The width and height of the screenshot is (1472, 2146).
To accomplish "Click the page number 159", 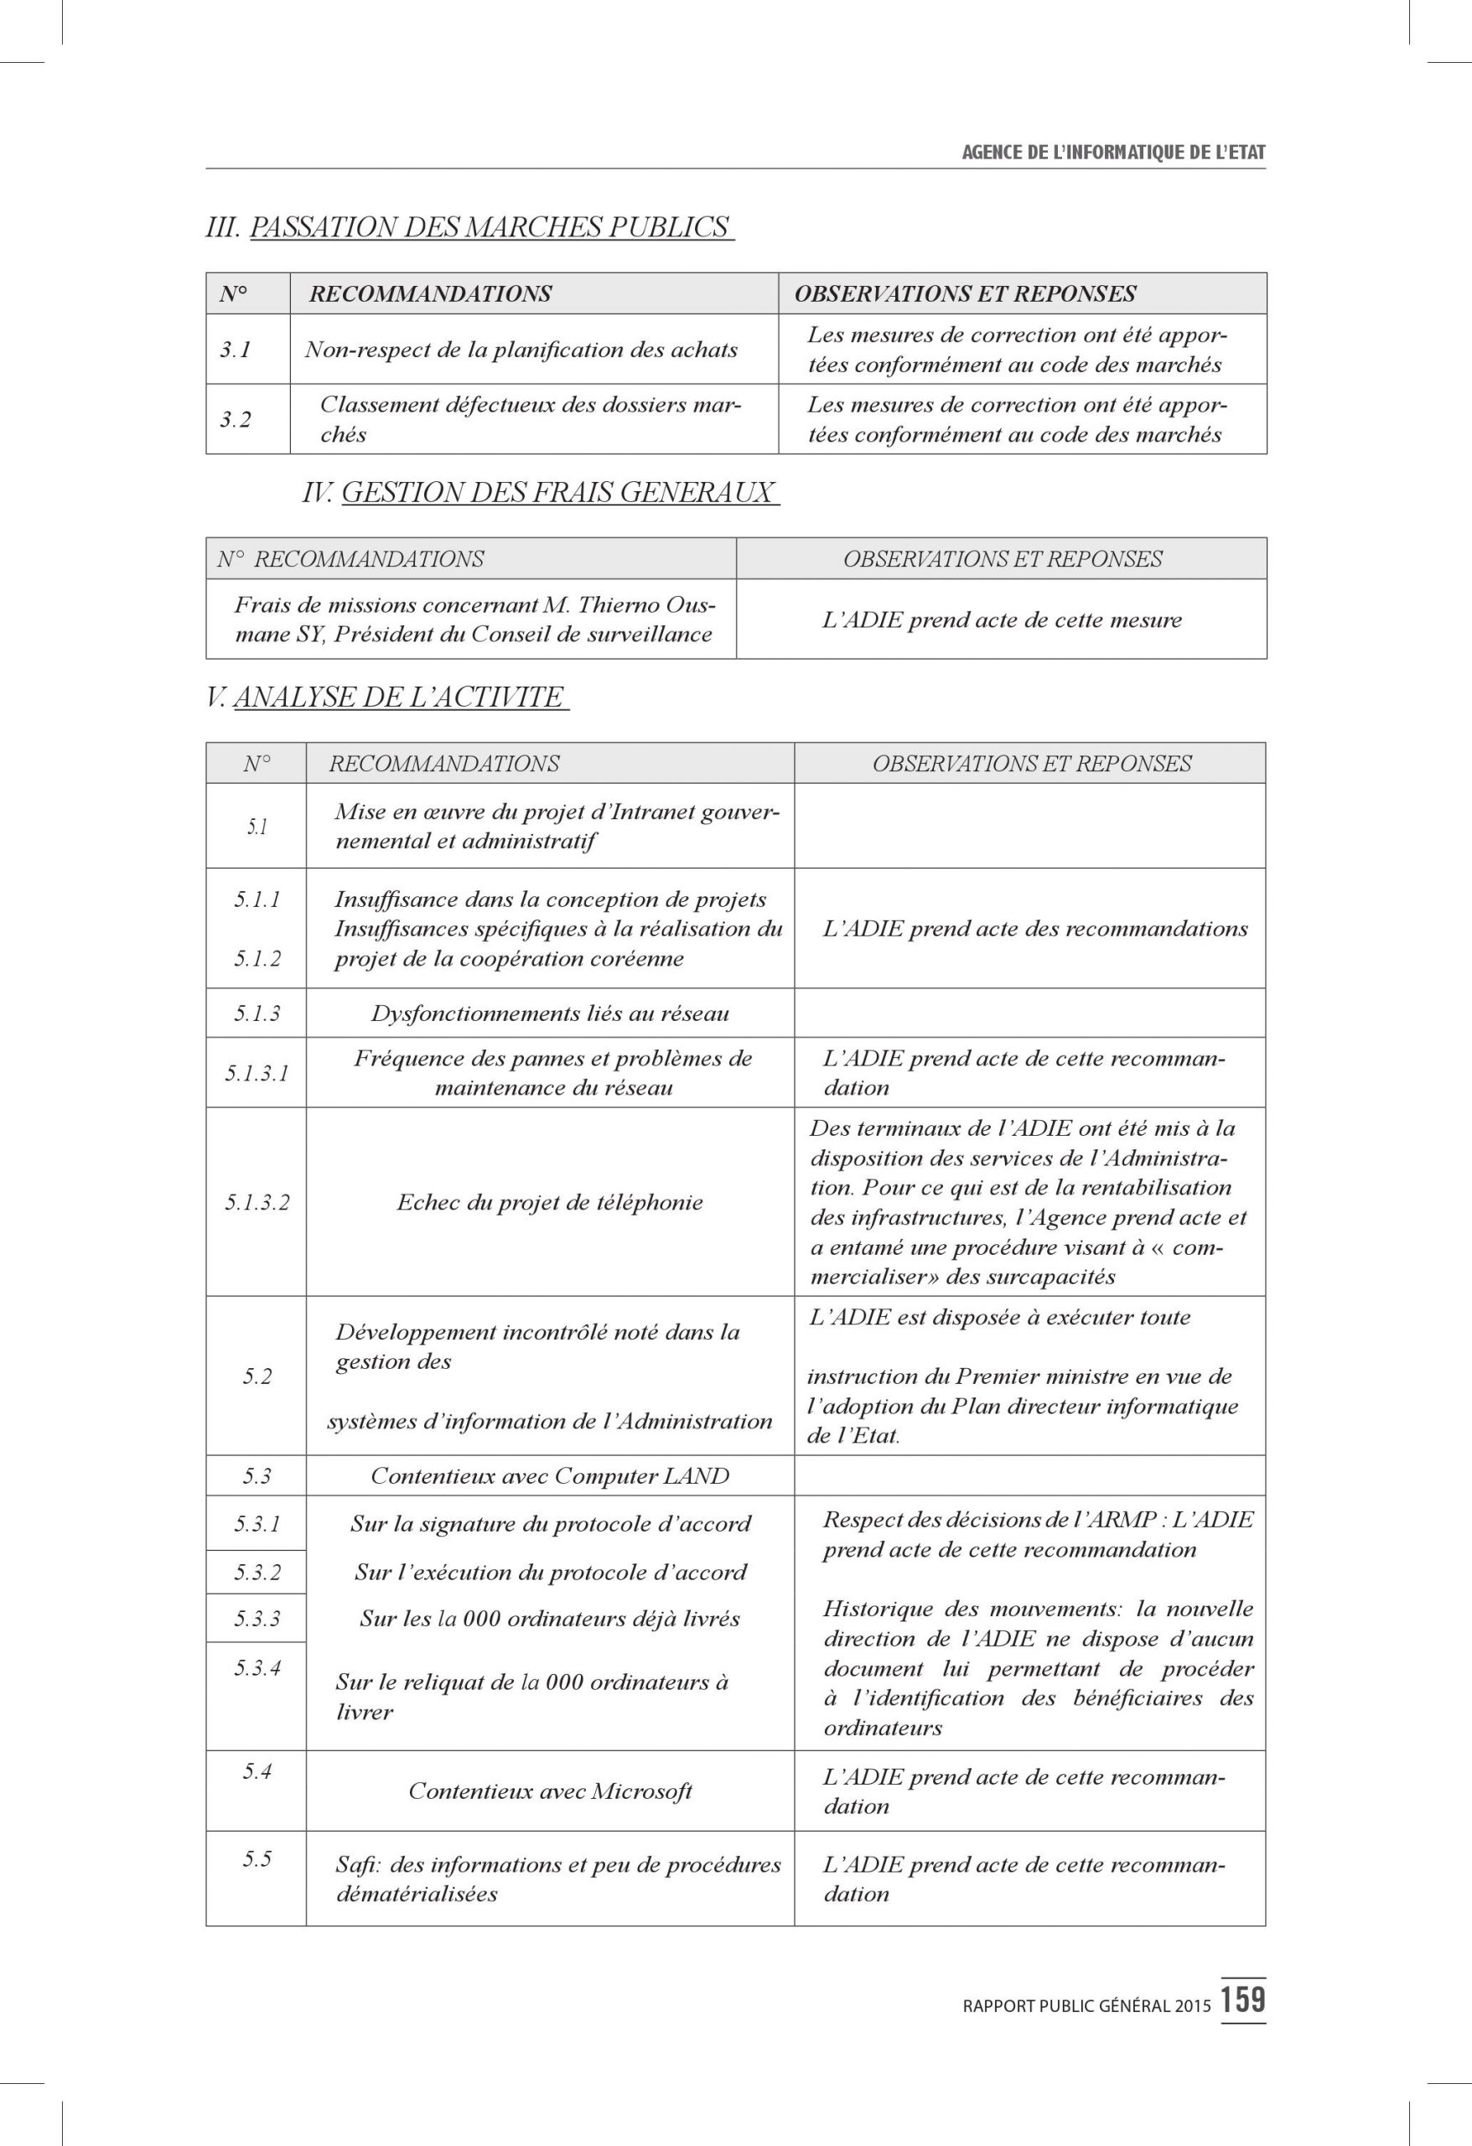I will pyautogui.click(x=1243, y=1999).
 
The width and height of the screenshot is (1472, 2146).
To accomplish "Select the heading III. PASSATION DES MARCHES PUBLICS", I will pyautogui.click(x=469, y=227).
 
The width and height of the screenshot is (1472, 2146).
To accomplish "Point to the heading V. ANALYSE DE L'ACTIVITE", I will pyautogui.click(x=387, y=697).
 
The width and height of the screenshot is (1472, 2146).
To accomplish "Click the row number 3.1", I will pyautogui.click(x=236, y=350).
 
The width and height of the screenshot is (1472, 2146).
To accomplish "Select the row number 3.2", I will pyautogui.click(x=236, y=419).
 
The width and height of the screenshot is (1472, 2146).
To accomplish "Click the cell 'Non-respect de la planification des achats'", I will pyautogui.click(x=521, y=350).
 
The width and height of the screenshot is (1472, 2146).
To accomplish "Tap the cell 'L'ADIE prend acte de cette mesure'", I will pyautogui.click(x=1001, y=619).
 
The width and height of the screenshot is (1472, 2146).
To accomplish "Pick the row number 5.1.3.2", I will pyautogui.click(x=257, y=1202).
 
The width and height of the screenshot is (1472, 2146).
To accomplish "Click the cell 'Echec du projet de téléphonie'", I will pyautogui.click(x=549, y=1202).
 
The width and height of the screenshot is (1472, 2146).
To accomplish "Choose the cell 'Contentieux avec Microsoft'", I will pyautogui.click(x=549, y=1791).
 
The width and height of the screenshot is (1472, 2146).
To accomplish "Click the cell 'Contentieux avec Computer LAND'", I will pyautogui.click(x=549, y=1475).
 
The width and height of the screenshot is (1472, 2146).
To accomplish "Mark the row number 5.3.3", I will pyautogui.click(x=257, y=1619).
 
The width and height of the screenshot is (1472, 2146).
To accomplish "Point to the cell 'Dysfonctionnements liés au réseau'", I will pyautogui.click(x=549, y=1013).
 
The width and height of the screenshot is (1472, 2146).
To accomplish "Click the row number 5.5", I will pyautogui.click(x=257, y=1858).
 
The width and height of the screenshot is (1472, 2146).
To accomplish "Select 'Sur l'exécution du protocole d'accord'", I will pyautogui.click(x=549, y=1573).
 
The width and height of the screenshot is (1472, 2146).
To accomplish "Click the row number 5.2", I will pyautogui.click(x=257, y=1376).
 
